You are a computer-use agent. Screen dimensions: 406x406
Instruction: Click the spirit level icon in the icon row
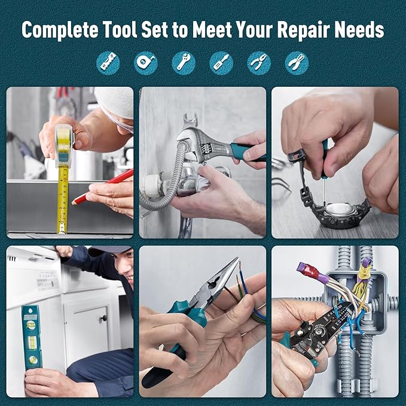click(x=108, y=62)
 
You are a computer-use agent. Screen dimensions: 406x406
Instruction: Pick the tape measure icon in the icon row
click(x=145, y=62)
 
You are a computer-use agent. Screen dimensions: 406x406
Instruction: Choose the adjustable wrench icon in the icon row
click(x=184, y=62)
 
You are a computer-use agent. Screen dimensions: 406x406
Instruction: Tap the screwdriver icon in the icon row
click(x=221, y=62)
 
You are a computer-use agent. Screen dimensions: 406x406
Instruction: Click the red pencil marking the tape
click(x=105, y=186)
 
